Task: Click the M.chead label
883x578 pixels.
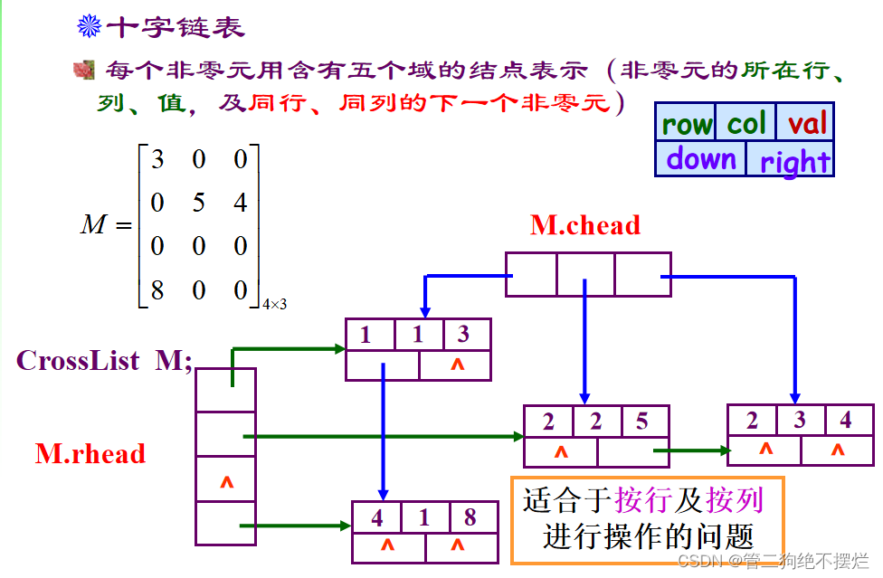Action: tap(584, 225)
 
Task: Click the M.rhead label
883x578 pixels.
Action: tap(90, 453)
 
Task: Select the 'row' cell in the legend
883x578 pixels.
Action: tap(686, 124)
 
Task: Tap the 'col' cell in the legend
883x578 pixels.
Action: tap(746, 124)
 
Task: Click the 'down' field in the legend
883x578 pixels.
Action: tap(701, 159)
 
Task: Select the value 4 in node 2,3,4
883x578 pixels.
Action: tap(846, 421)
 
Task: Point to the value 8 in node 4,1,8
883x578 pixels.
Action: tap(470, 519)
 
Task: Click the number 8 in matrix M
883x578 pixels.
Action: tap(157, 290)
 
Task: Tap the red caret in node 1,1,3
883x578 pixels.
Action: tap(456, 365)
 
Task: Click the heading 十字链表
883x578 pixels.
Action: tap(176, 27)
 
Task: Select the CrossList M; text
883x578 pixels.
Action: tap(104, 361)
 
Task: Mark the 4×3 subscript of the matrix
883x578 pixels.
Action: tap(274, 305)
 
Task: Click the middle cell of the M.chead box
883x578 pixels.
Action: tap(584, 274)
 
